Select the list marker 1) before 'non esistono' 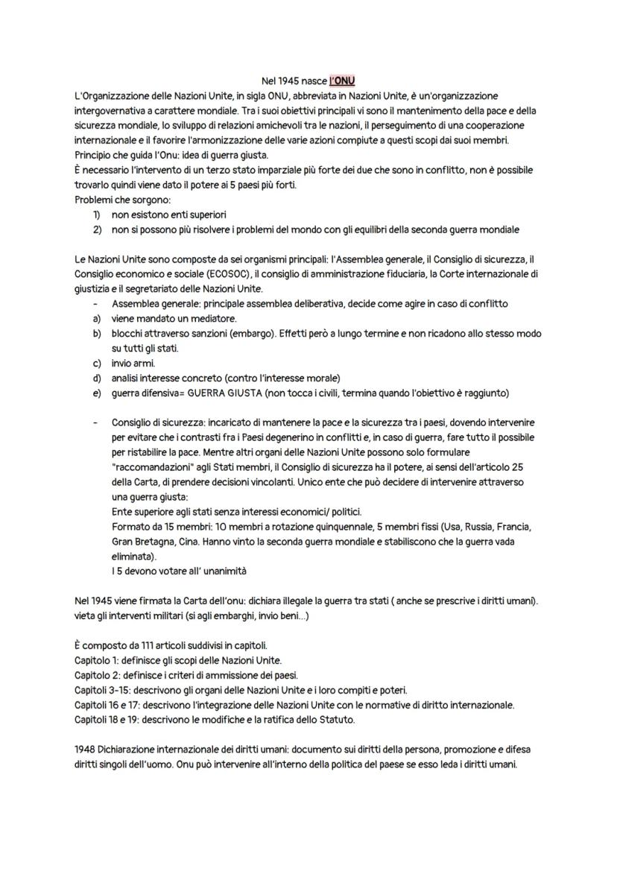[96, 215]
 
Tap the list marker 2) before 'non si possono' [97, 229]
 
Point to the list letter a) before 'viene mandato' [96, 318]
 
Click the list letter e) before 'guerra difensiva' [96, 393]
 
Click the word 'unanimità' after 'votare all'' [221, 571]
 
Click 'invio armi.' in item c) [133, 363]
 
